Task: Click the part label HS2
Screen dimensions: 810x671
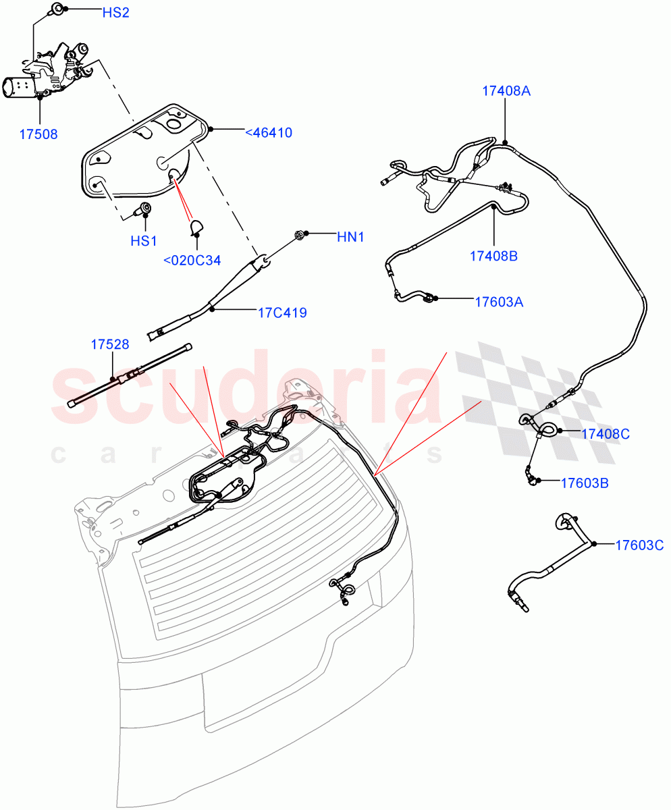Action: [x=115, y=13]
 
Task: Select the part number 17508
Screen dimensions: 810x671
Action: [x=38, y=134]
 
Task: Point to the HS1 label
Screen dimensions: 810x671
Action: [x=144, y=240]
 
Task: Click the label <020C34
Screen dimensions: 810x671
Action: [x=192, y=260]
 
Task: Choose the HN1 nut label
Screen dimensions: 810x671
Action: [x=350, y=237]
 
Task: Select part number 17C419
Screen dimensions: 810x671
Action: [x=282, y=313]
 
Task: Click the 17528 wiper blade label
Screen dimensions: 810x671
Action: [x=110, y=344]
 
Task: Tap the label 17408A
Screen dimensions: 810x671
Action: [x=506, y=91]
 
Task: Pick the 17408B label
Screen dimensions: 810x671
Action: [x=494, y=256]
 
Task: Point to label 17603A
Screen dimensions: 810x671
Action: [x=499, y=302]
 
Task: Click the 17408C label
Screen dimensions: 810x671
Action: [x=605, y=434]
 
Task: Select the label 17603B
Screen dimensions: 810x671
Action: [x=585, y=483]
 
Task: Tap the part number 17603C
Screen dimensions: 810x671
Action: [x=639, y=545]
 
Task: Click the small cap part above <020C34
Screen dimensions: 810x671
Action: [x=197, y=227]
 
